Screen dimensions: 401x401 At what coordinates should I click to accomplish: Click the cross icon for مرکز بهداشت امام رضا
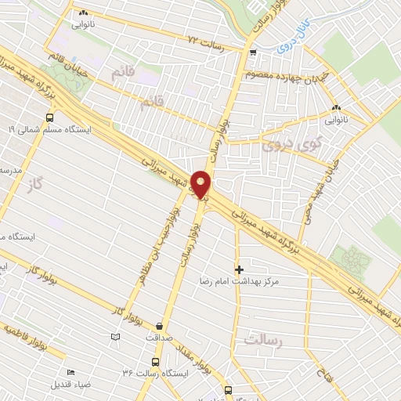pos(239,269)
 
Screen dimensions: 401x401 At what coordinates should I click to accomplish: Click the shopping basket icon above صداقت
pos(161,326)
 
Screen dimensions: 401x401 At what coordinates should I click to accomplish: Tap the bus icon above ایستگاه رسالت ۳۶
pos(154,362)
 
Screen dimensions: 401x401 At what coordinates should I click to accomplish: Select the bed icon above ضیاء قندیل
pos(70,372)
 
